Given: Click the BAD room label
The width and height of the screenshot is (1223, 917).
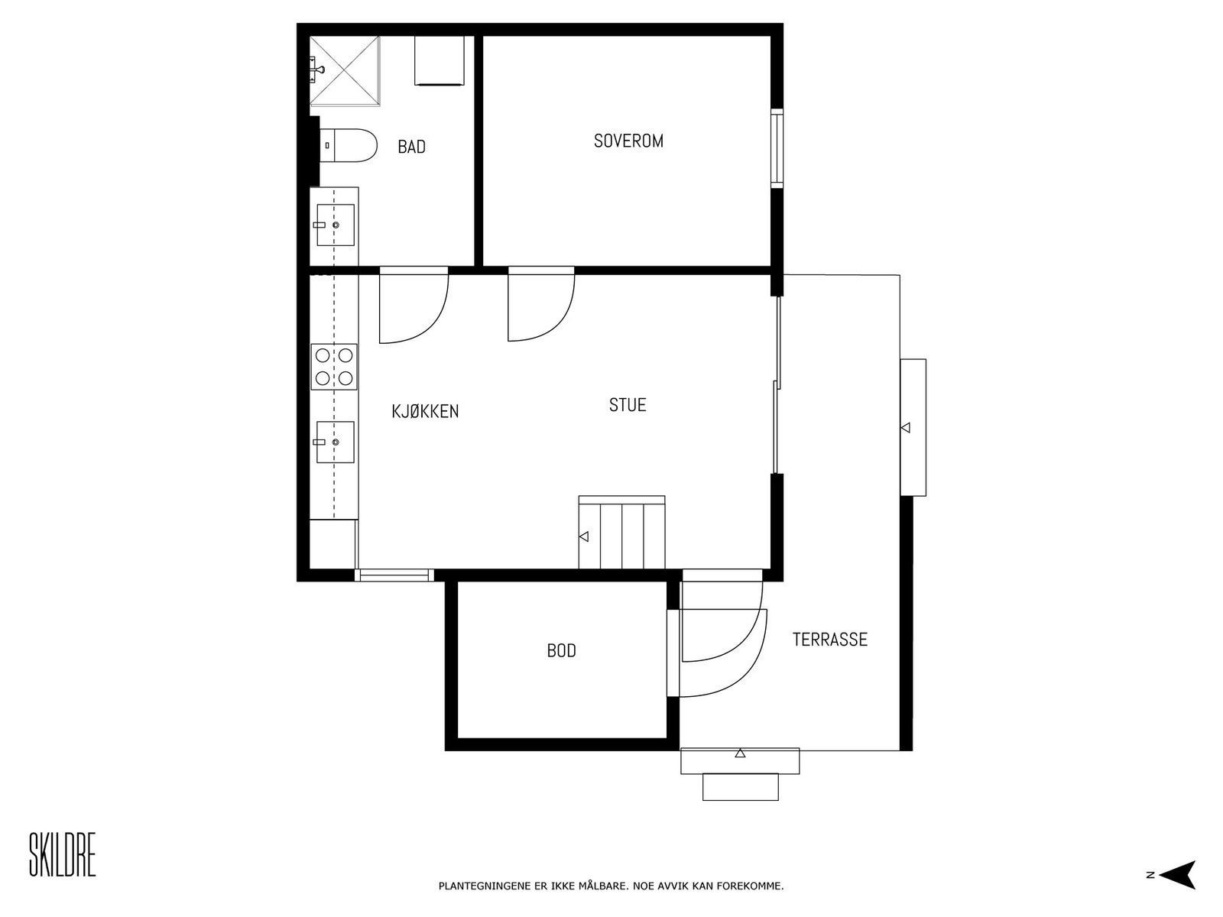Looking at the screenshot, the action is pos(411,147).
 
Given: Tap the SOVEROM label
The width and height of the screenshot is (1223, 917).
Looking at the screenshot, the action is pos(628,141).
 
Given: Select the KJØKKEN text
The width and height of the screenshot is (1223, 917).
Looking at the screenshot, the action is pos(425,411).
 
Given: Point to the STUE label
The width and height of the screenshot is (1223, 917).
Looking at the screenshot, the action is pos(628,405).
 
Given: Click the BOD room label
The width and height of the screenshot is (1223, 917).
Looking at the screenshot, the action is pos(561,650).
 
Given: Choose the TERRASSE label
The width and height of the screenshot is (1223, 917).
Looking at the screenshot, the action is pos(829,639).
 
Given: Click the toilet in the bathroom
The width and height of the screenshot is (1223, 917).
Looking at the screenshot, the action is pos(349,146).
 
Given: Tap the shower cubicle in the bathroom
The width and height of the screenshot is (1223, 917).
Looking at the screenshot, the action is pos(345,71).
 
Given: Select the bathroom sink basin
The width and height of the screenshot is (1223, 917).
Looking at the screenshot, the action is pos(336,225).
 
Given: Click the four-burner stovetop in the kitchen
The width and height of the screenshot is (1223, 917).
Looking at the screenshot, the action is pos(334,367).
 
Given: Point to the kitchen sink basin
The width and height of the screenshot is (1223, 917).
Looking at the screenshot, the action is pos(336,442).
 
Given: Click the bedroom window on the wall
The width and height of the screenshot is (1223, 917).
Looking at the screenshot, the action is pos(777,149).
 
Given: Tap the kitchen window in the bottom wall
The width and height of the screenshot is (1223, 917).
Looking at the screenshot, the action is pos(394,575).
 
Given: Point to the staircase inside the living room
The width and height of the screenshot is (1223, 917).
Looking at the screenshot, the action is pos(621,533).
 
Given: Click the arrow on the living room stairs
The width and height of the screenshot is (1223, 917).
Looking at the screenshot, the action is pos(584,536).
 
